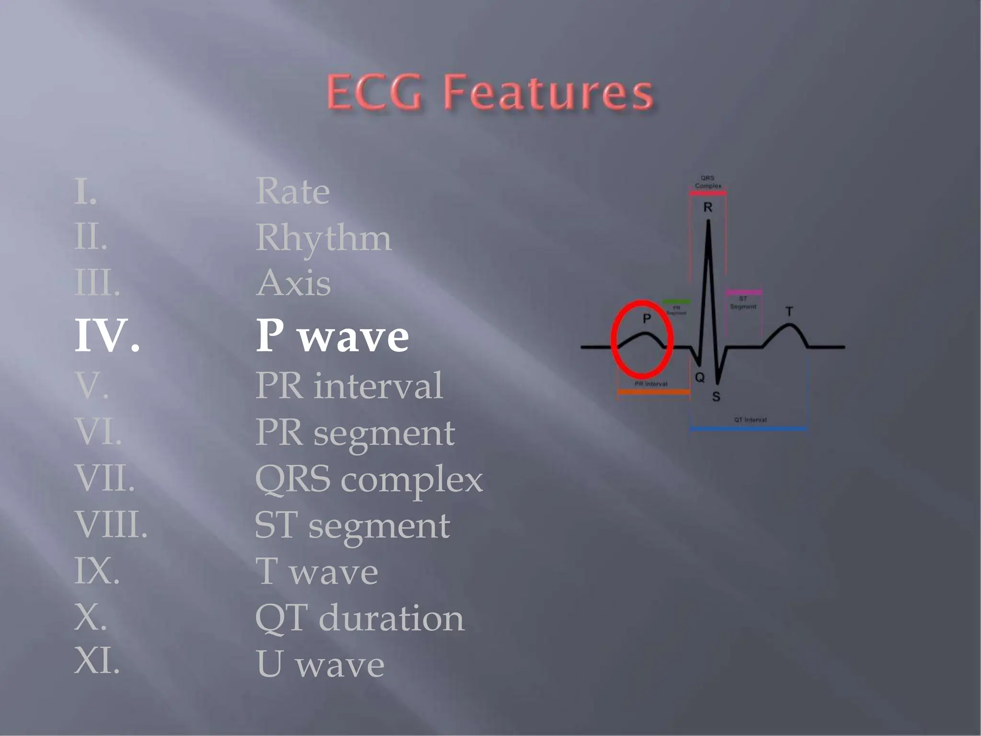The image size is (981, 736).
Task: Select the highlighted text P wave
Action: pos(332,336)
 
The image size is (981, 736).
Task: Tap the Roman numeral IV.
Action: pos(107,336)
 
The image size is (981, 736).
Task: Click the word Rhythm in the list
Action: pos(323,238)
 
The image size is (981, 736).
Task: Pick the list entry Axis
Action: pos(293,283)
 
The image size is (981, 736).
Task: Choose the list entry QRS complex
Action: pos(368,479)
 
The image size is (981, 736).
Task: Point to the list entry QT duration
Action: pos(359,618)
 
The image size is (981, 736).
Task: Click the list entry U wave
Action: pos(320,664)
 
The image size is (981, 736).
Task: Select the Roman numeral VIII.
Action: pos(111,525)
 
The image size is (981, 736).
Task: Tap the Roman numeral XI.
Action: pos(97,661)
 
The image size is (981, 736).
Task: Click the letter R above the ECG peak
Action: pos(707,207)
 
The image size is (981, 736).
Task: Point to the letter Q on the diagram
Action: pos(700,378)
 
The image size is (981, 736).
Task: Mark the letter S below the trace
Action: pos(716,397)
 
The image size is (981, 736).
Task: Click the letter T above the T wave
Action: pos(789,312)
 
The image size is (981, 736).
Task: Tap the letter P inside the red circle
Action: pos(647,318)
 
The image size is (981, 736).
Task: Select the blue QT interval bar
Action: pos(749,429)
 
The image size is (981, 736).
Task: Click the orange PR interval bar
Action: pos(653,392)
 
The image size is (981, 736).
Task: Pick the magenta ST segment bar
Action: pos(743,292)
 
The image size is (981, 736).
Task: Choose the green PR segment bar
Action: pos(676,302)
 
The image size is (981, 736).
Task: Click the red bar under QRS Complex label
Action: pos(707,193)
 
